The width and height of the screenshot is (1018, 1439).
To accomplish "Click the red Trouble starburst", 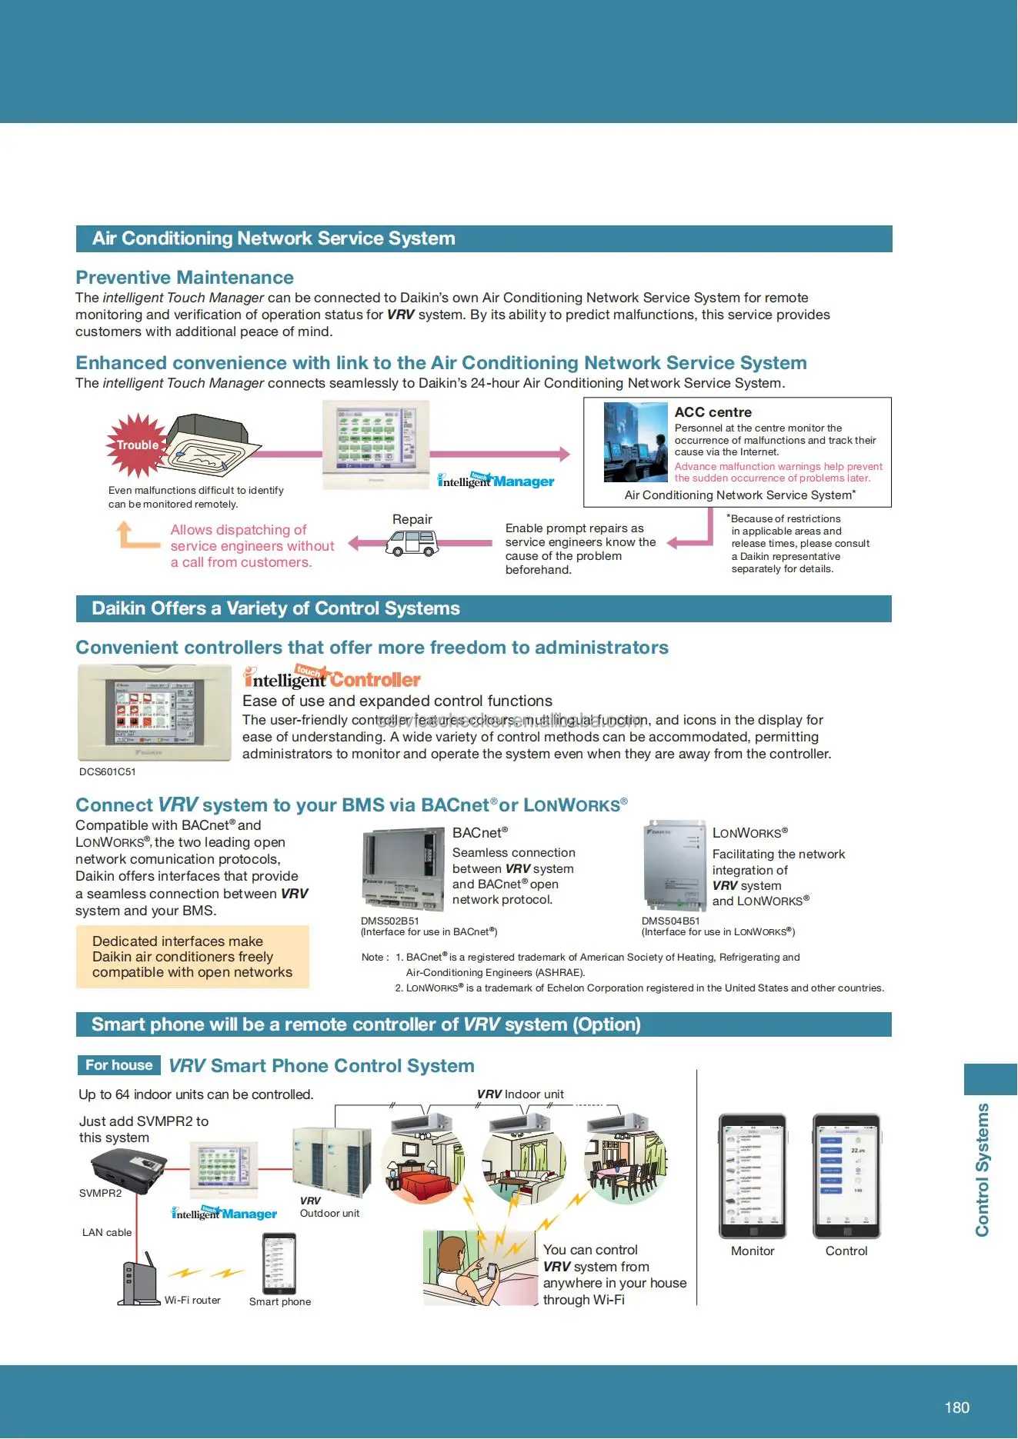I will click(x=137, y=445).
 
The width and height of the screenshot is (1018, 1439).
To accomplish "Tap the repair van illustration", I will click(x=412, y=542).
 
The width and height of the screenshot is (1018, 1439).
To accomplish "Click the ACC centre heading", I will click(x=713, y=412).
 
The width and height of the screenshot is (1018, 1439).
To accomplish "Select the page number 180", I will click(x=956, y=1407).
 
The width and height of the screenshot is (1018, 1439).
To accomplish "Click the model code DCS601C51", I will click(x=108, y=771).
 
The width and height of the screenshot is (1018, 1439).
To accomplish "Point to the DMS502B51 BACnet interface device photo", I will click(x=402, y=868).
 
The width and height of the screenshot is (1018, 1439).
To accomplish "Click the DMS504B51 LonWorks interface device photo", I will click(x=675, y=864).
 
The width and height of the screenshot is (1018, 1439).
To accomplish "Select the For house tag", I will click(x=118, y=1065).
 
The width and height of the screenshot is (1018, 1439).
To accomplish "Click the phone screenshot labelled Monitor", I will click(x=752, y=1175).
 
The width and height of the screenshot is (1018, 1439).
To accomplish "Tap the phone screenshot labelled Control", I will click(x=846, y=1175).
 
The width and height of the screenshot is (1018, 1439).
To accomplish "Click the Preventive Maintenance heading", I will click(x=185, y=278).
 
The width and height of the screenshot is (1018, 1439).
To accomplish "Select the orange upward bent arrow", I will click(x=134, y=535).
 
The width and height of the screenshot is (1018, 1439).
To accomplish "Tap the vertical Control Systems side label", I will click(x=983, y=1169).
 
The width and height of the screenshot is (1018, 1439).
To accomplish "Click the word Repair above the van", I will click(x=412, y=520).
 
